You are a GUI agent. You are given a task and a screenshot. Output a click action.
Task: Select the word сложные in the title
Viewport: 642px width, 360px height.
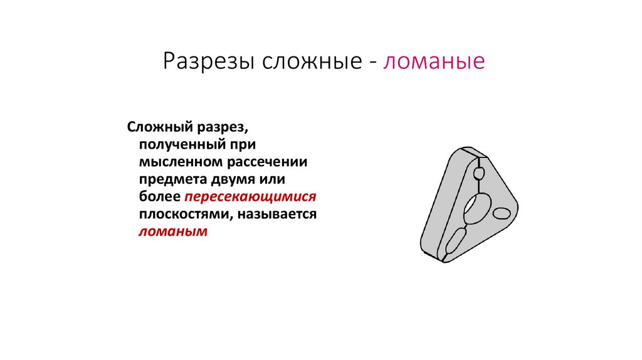pyautogui.click(x=310, y=63)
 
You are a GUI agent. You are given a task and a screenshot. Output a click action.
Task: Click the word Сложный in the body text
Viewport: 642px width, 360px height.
pyautogui.click(x=157, y=126)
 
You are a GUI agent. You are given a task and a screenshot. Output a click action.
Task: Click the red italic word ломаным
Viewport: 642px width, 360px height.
pyautogui.click(x=172, y=232)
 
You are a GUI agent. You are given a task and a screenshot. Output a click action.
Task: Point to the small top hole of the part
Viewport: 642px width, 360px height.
pyautogui.click(x=479, y=174)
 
